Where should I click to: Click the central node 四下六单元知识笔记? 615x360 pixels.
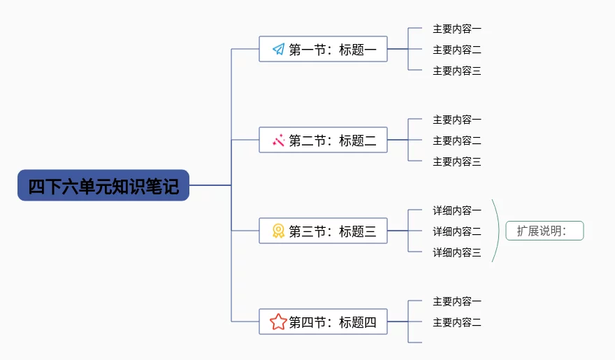point(103,185)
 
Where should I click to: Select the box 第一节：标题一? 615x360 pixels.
point(323,49)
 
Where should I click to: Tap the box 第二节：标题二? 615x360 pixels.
point(323,140)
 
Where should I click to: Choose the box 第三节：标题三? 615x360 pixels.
point(323,231)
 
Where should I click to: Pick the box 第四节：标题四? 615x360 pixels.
point(323,322)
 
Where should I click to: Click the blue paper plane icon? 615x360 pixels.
point(278,49)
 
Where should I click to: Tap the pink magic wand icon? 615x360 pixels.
point(278,140)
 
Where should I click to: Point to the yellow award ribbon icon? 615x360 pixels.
point(278,231)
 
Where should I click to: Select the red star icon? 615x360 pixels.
point(278,322)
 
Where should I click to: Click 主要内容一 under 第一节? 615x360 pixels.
point(457,29)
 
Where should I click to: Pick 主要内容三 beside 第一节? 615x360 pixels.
point(457,71)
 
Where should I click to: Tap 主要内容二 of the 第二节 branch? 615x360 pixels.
point(457,141)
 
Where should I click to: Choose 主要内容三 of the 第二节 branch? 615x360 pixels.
point(457,161)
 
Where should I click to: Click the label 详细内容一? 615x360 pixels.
point(457,210)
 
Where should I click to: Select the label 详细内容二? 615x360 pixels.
point(457,231)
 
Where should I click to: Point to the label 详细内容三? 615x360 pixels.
point(457,252)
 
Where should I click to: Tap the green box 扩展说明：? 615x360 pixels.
point(545,231)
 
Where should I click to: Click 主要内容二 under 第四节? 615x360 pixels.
point(457,322)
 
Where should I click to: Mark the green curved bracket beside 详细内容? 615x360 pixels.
point(498,231)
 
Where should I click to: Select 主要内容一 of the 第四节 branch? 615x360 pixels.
point(457,301)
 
